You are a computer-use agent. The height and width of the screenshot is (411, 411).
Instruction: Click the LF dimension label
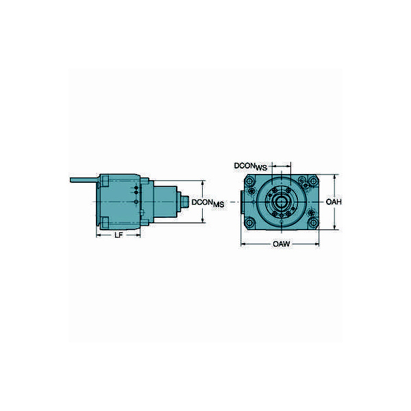coord(119,235)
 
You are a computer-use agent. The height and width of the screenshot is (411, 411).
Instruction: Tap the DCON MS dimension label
coord(208,203)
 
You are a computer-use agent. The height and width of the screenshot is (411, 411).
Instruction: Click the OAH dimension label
coord(334,203)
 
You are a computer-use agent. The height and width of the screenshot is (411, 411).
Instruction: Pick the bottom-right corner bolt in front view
coord(312,223)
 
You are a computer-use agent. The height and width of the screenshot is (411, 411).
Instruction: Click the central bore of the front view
coord(282,203)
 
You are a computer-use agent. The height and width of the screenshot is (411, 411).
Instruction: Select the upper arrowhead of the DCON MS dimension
coord(203,183)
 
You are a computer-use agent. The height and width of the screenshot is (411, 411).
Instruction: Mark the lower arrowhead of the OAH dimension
coord(334,228)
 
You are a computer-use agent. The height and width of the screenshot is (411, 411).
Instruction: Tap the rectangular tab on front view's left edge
coord(241,203)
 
